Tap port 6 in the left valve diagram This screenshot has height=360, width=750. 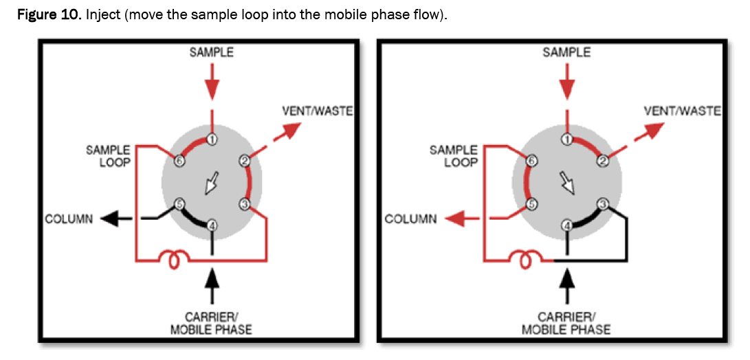(179, 161)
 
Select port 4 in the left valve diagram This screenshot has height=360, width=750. (212, 225)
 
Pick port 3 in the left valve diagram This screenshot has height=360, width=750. (245, 203)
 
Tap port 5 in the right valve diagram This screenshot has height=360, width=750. (531, 203)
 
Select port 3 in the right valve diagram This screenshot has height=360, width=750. (602, 203)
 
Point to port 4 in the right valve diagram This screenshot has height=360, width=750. (566, 225)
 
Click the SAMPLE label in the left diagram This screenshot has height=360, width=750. (212, 52)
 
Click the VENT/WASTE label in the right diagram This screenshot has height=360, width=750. (682, 110)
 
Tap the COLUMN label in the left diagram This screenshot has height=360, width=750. (69, 219)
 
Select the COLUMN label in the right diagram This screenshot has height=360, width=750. (410, 219)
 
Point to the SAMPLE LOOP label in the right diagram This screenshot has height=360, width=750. (453, 156)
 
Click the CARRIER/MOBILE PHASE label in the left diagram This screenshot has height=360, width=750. (211, 323)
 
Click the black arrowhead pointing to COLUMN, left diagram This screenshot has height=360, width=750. (108, 219)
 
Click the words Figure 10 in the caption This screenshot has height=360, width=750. (49, 15)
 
